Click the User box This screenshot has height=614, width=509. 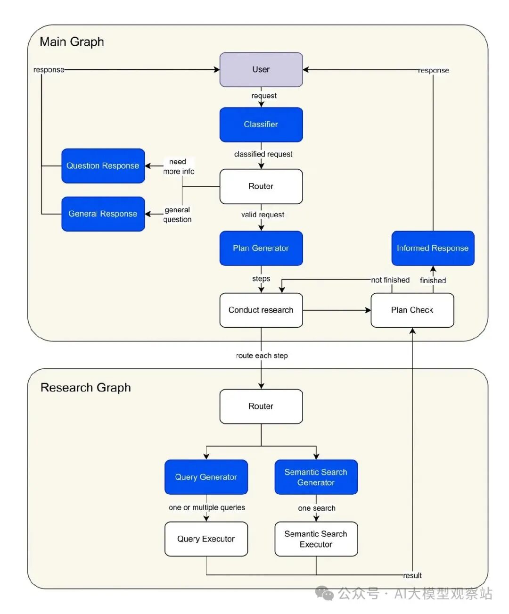click(261, 70)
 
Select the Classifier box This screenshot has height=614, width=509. click(261, 124)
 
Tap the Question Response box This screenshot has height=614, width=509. click(103, 166)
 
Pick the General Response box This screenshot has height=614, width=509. click(103, 214)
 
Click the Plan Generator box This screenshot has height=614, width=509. click(261, 248)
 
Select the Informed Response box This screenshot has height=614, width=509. click(433, 248)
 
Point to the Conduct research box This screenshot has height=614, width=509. click(261, 310)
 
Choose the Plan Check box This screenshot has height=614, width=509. click(412, 310)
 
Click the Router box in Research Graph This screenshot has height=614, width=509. click(261, 406)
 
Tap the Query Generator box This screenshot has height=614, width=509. click(206, 477)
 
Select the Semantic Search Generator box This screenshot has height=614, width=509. click(316, 477)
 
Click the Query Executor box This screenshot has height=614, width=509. click(206, 539)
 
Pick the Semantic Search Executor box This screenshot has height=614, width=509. click(316, 539)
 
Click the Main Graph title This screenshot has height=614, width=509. click(72, 42)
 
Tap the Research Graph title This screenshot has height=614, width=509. click(85, 388)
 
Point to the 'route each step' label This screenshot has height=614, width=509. click(262, 356)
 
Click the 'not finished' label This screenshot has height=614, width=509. click(390, 280)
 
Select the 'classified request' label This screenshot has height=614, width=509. click(263, 154)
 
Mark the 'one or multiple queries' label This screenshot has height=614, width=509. click(206, 507)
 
